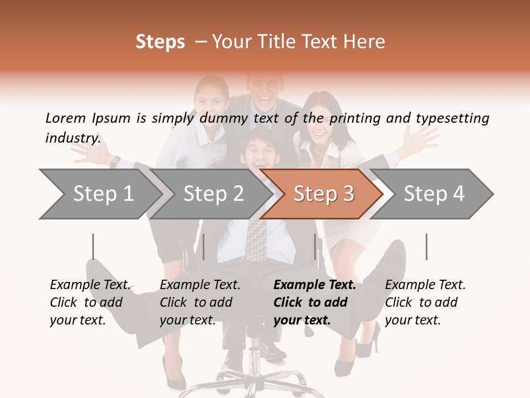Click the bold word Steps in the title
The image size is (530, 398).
(160, 42)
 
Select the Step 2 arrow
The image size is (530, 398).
(213, 193)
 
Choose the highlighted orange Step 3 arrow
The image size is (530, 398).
(323, 193)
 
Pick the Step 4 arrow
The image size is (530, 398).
(434, 193)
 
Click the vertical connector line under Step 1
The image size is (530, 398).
(93, 247)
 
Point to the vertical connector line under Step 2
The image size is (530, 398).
(204, 247)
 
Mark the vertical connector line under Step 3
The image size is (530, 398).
(315, 247)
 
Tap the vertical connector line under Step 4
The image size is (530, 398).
(426, 247)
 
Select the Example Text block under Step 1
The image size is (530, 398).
(90, 302)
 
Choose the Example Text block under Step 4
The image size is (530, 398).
(425, 302)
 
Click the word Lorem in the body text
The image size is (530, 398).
(66, 118)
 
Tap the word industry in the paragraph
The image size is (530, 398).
(72, 138)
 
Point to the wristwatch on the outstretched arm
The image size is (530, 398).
(115, 161)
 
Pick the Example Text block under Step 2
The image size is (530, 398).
(200, 302)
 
